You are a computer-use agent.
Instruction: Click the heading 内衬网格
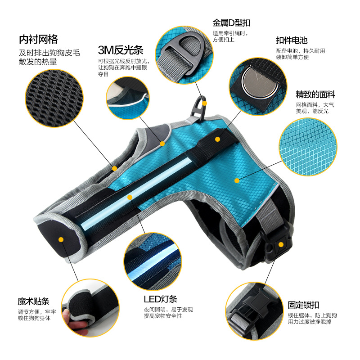pos(38,39)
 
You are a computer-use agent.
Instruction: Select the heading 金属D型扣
pos(231,23)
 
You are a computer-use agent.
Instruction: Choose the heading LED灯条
pos(160,299)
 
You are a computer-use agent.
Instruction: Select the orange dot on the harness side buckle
pos(281,244)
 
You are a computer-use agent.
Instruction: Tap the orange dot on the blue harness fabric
pos(237,180)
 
